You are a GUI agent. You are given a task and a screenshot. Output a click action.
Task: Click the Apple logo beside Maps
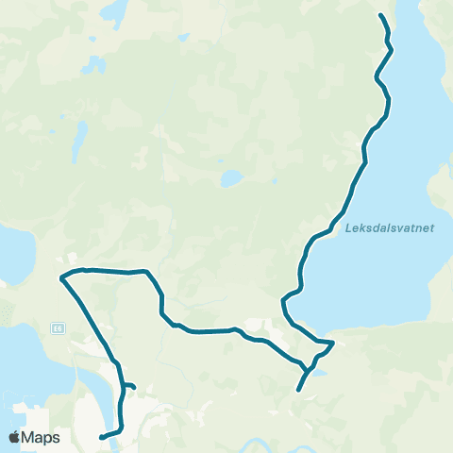pos(15,437)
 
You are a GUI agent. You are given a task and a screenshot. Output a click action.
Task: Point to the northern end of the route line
pos(380,15)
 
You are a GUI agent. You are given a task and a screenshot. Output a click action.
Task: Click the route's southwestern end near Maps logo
pos(101,437)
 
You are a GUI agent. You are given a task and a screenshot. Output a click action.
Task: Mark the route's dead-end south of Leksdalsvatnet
pos(298,390)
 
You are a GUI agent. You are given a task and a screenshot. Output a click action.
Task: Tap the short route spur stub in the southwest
pos(134,386)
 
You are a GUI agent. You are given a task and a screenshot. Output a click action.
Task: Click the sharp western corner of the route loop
pos(61,277)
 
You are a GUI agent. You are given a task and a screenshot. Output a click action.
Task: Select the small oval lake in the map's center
pos(229,177)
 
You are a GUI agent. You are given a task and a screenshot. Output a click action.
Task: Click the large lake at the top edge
pos(114,11)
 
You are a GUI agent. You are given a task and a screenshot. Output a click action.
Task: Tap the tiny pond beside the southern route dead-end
pos(319,373)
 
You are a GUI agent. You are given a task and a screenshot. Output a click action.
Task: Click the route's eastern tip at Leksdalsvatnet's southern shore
pos(333,342)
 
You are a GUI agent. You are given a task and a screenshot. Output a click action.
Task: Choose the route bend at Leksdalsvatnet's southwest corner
pos(284,302)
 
